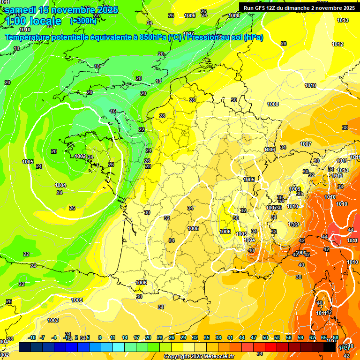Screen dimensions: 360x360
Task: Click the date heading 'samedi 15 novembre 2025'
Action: (61, 10)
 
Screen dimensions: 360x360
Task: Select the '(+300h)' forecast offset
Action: (83, 21)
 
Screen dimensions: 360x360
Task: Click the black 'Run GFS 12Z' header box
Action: (299, 7)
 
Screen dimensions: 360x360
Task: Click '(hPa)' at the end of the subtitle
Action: (253, 37)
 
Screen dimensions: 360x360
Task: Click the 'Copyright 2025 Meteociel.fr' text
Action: (199, 356)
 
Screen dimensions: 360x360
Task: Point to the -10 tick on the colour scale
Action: (32, 337)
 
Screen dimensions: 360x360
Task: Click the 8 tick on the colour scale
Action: (100, 337)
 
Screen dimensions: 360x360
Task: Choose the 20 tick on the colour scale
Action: (148, 337)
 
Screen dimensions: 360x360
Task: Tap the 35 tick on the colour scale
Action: (207, 337)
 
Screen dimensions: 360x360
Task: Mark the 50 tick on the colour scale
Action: (265, 337)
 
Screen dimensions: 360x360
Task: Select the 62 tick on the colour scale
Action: (312, 337)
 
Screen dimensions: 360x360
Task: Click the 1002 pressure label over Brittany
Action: (80, 156)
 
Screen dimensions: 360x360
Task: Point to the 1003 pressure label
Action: (53, 320)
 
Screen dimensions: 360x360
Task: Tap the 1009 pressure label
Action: (295, 189)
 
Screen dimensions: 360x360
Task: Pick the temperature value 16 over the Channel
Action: (112, 111)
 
